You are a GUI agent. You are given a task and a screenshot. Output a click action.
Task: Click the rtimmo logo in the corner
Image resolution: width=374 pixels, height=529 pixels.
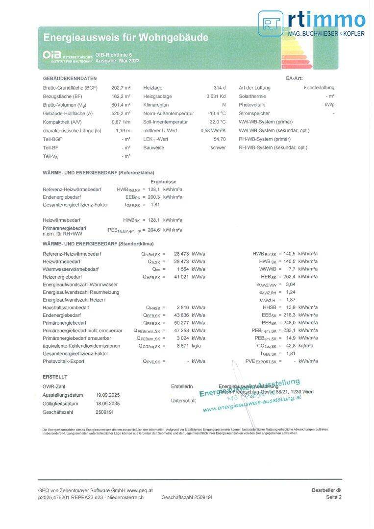(312, 24)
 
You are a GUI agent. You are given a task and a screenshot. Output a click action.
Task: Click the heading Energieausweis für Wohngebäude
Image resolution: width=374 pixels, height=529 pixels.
(125, 38)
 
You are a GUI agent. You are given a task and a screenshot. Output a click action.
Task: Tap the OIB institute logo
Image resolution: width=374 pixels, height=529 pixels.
(67, 57)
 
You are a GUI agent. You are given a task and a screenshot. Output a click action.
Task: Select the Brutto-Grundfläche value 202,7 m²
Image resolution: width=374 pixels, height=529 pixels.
(121, 88)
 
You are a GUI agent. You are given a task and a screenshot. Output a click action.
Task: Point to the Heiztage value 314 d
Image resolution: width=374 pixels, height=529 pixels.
(220, 88)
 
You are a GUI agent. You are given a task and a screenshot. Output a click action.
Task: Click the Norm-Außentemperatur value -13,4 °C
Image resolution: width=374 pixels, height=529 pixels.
(217, 114)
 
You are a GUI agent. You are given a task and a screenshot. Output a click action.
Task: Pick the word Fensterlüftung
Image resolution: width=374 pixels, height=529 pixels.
(319, 88)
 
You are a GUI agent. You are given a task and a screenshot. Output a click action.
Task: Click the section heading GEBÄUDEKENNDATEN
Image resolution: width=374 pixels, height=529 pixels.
(70, 79)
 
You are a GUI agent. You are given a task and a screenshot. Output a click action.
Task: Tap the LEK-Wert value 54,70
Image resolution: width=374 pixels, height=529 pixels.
(220, 139)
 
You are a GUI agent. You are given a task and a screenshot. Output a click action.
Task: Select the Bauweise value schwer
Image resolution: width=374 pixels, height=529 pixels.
(218, 147)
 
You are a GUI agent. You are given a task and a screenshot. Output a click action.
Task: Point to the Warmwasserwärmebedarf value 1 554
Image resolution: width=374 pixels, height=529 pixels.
(181, 269)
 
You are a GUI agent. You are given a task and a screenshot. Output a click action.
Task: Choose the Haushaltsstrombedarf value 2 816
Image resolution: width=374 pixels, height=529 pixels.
(181, 308)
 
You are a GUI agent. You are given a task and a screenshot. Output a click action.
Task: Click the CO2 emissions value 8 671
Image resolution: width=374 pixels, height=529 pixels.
(181, 346)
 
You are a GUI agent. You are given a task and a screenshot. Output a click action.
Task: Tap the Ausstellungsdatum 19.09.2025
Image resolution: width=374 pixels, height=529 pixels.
(108, 395)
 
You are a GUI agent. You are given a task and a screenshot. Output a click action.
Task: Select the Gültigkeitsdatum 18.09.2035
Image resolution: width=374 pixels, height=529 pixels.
(108, 404)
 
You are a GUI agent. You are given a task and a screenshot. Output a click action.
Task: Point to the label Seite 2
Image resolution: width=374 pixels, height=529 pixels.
(333, 497)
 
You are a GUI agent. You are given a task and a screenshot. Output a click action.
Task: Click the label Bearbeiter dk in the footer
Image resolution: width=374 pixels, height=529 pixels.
(326, 490)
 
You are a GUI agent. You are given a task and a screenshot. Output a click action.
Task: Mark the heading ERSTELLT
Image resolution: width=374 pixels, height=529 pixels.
(55, 377)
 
